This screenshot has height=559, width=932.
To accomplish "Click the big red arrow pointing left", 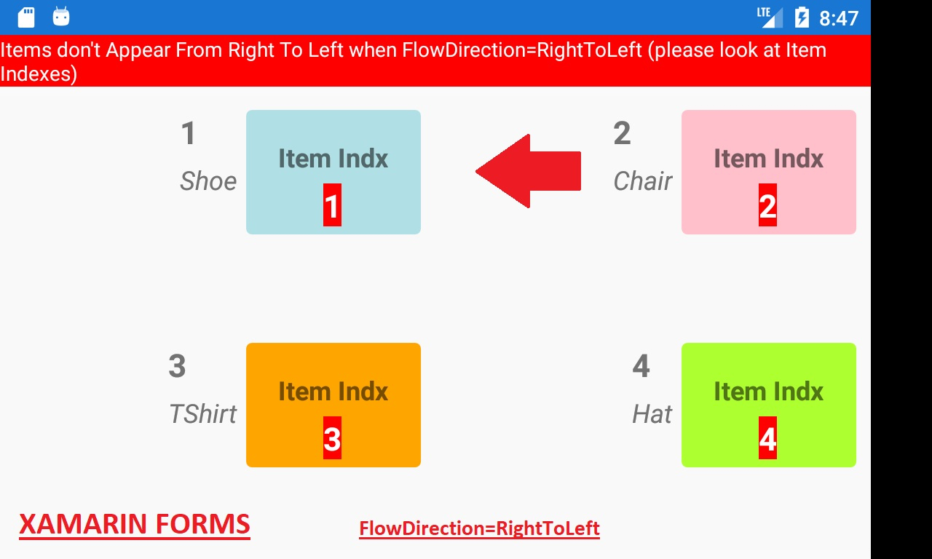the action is pos(529,171).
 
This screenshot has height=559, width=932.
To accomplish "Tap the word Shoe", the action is pos(208,181).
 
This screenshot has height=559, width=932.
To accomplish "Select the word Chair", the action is pos(643,181).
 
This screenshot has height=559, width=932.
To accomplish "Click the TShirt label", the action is pos(202,414).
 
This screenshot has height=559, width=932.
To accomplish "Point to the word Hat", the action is pos(652,414).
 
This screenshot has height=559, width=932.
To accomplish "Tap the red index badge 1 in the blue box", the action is pos(332,205).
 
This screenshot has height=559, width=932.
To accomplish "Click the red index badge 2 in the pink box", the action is pos(767,205).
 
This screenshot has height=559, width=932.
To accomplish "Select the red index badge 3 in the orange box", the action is pos(332,438).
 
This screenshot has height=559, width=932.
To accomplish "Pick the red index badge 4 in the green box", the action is pos(767,438).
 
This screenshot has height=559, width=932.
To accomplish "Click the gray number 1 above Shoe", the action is pos(189,133).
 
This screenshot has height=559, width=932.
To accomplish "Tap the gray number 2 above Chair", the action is pos(622,133).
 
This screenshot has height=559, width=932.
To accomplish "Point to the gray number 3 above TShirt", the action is pos(177,366).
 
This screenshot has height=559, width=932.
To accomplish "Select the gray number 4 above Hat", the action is pos(641,366).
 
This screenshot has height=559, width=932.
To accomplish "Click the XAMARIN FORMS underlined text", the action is pos(135,525).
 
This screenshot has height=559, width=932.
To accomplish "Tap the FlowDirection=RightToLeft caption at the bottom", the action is pos(479,528).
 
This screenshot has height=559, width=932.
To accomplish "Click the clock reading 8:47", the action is pos(839,18).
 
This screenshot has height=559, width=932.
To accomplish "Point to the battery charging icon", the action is pos(802,18).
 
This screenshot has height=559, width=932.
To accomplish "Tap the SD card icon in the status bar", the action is pos(26,17).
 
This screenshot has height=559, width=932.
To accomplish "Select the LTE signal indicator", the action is pos(770,17).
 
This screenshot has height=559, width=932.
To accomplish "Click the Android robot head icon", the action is pos(60,17).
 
